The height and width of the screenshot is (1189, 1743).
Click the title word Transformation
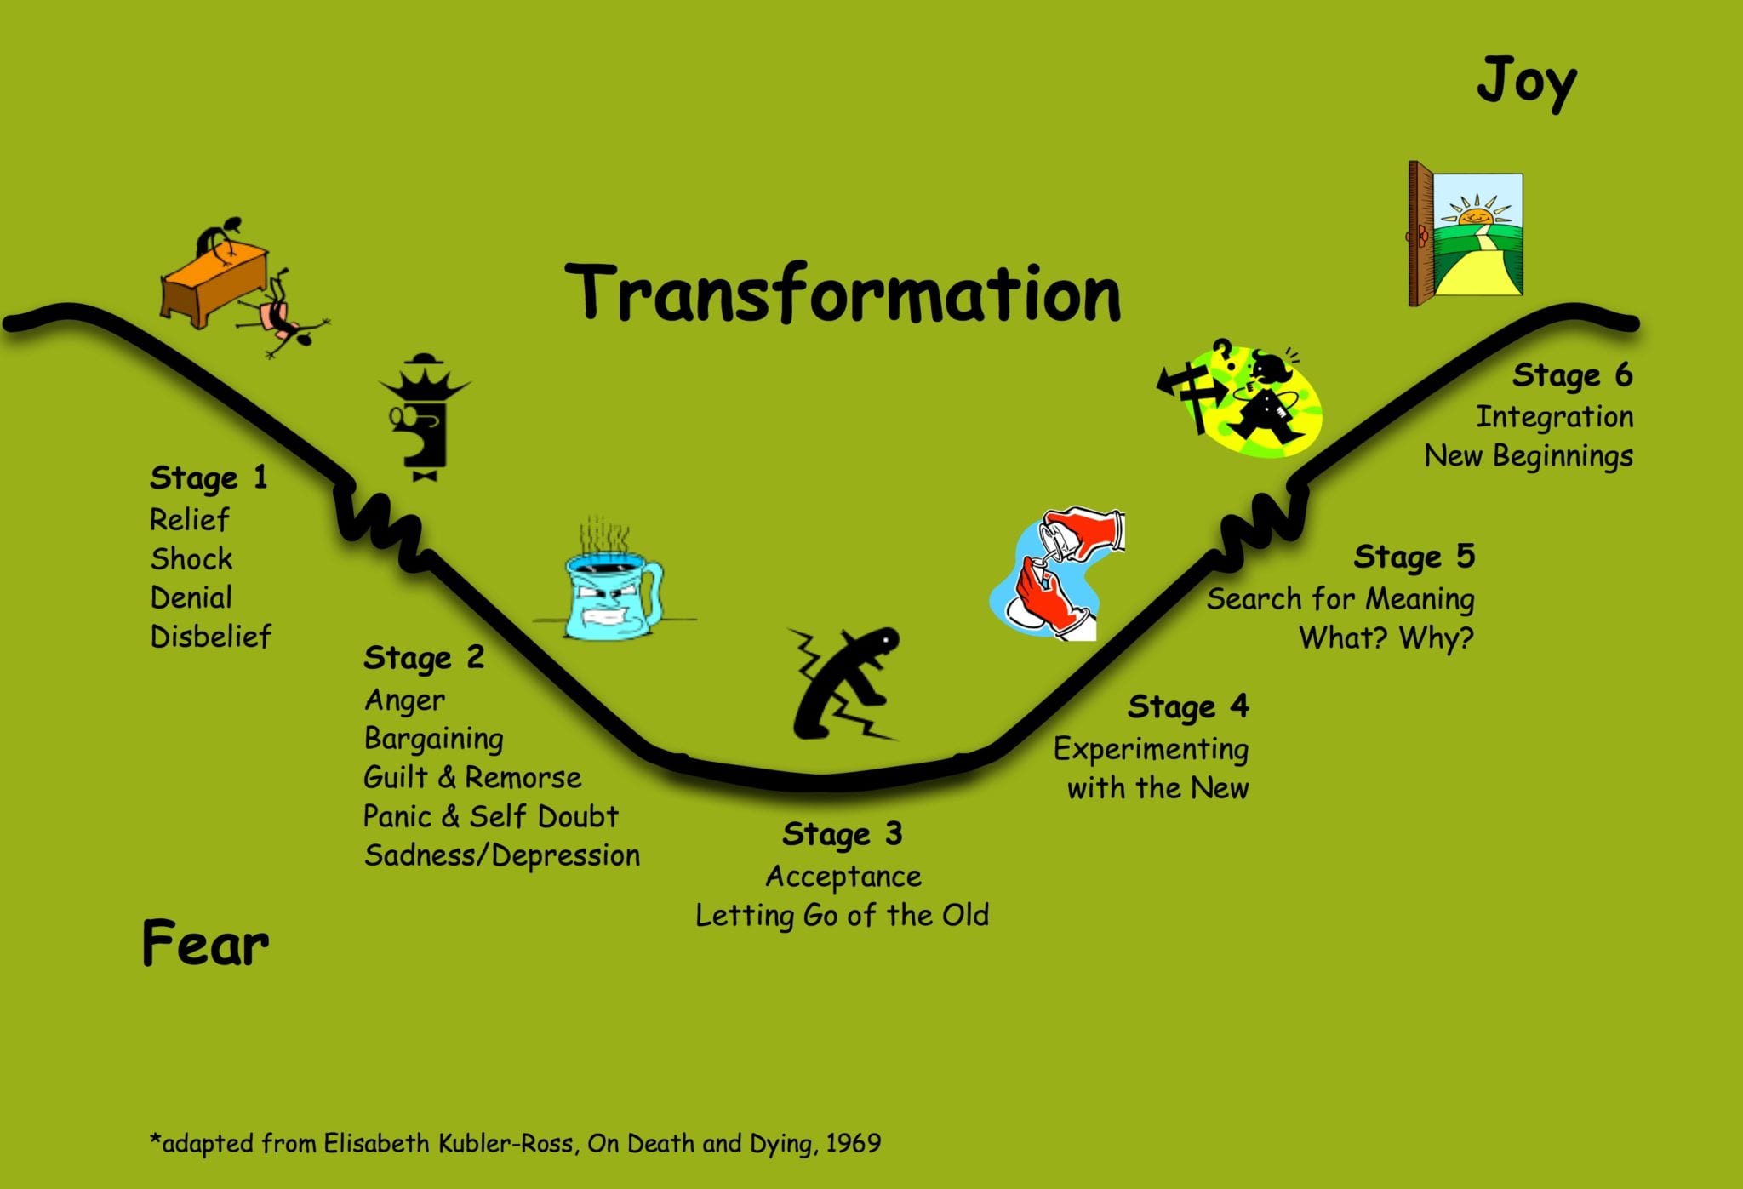tap(843, 294)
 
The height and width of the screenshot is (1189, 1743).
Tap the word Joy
tap(1527, 83)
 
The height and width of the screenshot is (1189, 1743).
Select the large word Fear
tap(205, 943)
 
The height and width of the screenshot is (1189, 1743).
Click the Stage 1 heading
tap(209, 477)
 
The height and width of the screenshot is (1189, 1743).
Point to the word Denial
tap(191, 597)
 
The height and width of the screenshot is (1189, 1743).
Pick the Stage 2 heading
tap(424, 658)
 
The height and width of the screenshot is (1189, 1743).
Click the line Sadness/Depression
tap(501, 855)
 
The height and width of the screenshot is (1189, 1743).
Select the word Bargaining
tap(433, 739)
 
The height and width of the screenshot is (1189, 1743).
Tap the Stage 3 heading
tap(842, 835)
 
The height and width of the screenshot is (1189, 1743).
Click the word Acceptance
tap(843, 877)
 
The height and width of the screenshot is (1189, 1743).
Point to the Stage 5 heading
tap(1414, 557)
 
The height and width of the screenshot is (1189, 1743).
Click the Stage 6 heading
tap(1573, 375)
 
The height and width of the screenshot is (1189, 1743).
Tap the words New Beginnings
tap(1529, 456)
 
